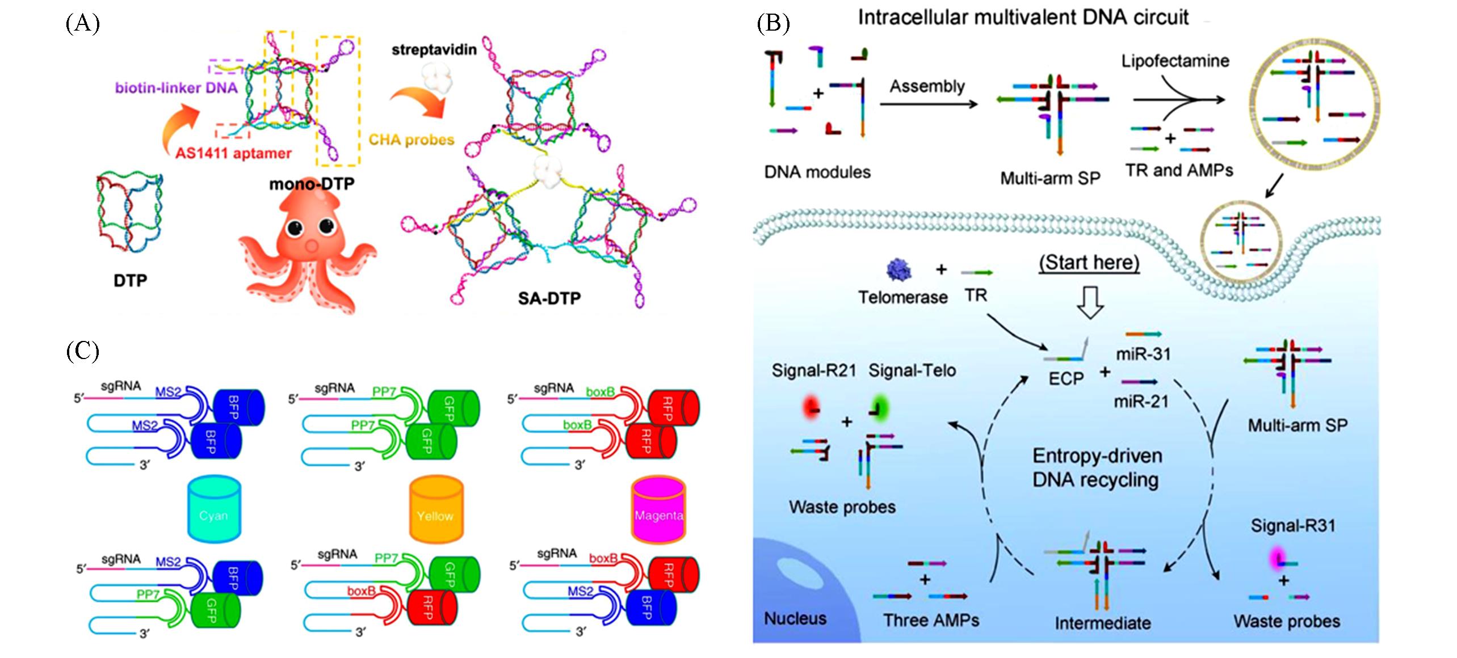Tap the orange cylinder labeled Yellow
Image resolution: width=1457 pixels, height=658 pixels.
point(435,509)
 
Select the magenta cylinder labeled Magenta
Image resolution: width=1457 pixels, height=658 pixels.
point(658,509)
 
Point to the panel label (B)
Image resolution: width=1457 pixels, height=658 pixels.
point(773,23)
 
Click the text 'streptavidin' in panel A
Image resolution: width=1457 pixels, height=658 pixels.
point(434,50)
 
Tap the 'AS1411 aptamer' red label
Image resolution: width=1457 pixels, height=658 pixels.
point(233,153)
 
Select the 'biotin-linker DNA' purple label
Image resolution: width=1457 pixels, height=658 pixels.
point(176,88)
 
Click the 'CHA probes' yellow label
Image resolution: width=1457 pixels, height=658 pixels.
point(412,140)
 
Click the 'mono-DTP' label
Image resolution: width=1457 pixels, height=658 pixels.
point(312,184)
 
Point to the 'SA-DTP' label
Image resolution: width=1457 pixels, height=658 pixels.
point(549,298)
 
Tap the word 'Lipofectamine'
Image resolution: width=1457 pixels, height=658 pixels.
point(1175,61)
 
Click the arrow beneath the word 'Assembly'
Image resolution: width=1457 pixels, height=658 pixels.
point(929,104)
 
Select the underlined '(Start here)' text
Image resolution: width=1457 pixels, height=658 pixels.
point(1089,263)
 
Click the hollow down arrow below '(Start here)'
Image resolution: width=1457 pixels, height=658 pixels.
point(1090,302)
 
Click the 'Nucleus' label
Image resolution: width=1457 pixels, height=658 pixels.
point(795,618)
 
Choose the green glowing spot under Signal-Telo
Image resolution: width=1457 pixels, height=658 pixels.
point(878,408)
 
